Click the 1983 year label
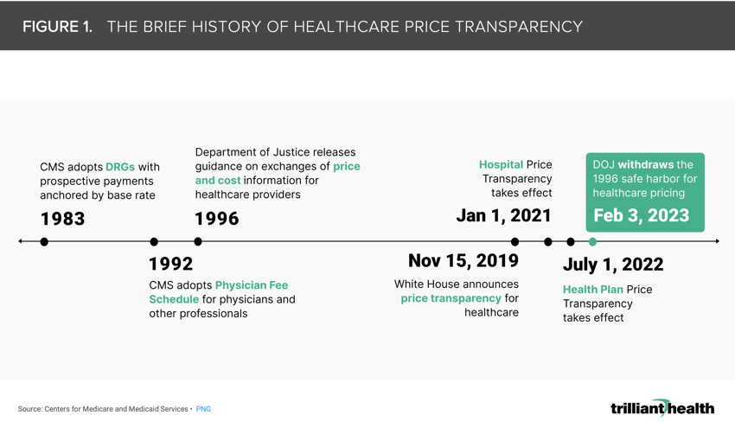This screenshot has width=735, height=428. [62, 219]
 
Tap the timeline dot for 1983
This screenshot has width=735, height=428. [44, 242]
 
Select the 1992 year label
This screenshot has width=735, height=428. [170, 264]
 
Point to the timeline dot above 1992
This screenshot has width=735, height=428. [154, 242]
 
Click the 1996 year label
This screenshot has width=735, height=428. [216, 219]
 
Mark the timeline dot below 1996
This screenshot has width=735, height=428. [198, 242]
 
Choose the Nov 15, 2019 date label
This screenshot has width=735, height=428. [463, 261]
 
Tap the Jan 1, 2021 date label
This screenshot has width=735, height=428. [503, 215]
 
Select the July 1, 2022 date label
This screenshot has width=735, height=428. [613, 265]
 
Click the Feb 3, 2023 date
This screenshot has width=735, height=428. [641, 215]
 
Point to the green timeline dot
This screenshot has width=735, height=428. [592, 242]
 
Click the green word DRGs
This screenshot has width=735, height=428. [120, 167]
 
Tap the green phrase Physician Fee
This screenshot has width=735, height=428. [252, 285]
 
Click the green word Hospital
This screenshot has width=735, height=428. [501, 164]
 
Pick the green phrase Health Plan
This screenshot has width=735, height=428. [593, 290]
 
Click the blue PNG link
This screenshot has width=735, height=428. [203, 409]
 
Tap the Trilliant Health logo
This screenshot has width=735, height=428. [661, 407]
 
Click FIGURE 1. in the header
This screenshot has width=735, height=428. [57, 27]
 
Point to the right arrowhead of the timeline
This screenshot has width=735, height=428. [716, 242]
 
